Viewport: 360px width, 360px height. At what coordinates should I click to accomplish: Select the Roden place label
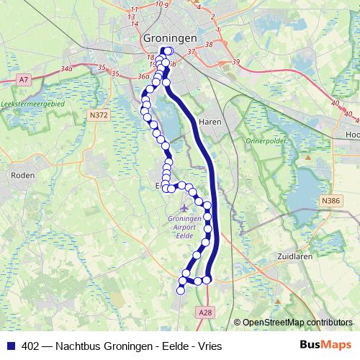tap(19, 174)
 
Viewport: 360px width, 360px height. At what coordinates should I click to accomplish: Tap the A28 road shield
tap(204, 311)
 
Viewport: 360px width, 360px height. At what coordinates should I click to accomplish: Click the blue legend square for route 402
tap(9, 346)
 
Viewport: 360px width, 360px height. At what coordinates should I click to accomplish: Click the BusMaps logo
tap(326, 345)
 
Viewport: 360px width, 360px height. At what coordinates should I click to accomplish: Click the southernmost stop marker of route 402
tap(181, 290)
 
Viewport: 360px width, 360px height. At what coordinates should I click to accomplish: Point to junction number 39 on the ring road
tap(235, 63)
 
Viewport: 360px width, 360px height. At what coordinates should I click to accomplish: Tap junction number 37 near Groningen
tap(190, 52)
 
